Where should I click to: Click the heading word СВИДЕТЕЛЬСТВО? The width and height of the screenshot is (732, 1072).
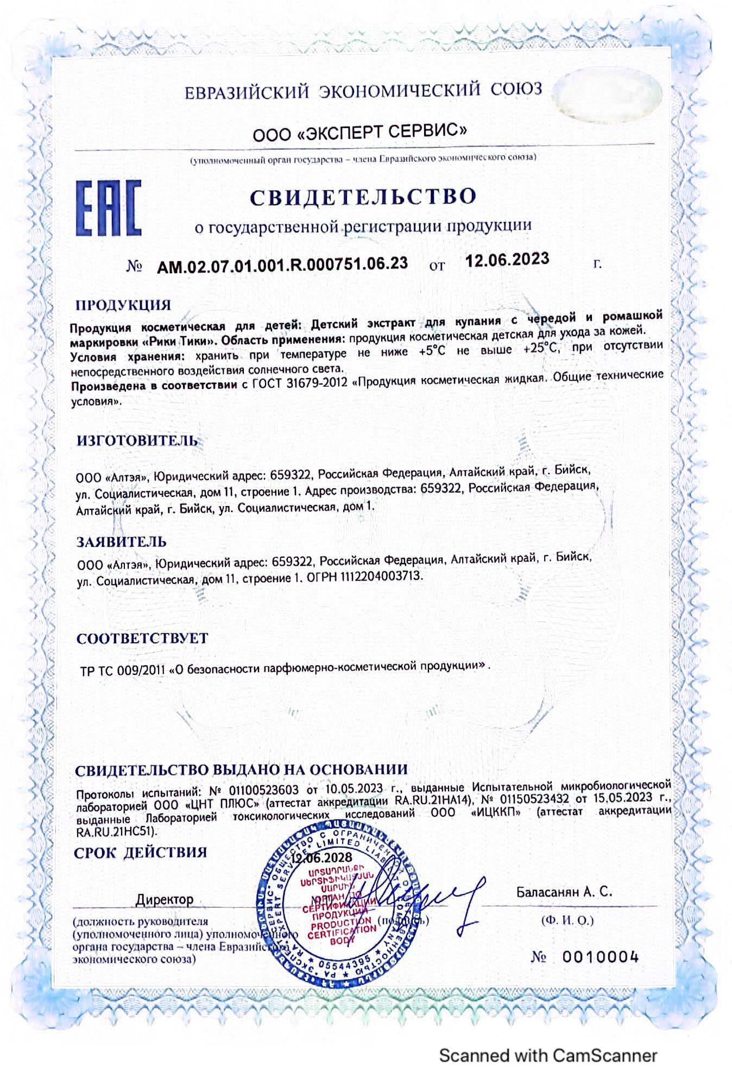click(x=363, y=196)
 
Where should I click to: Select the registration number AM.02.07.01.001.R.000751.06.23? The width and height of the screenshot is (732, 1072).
click(x=282, y=264)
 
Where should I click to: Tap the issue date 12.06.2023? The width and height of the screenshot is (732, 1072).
click(x=507, y=260)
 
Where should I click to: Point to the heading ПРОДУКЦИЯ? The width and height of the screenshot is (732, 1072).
click(x=123, y=304)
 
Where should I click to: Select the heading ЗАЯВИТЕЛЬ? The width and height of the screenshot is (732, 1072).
click(x=121, y=541)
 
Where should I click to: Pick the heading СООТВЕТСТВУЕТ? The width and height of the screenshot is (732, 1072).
click(x=142, y=638)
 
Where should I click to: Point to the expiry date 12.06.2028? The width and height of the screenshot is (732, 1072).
click(x=321, y=858)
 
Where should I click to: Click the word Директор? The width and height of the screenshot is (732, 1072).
click(x=165, y=899)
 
